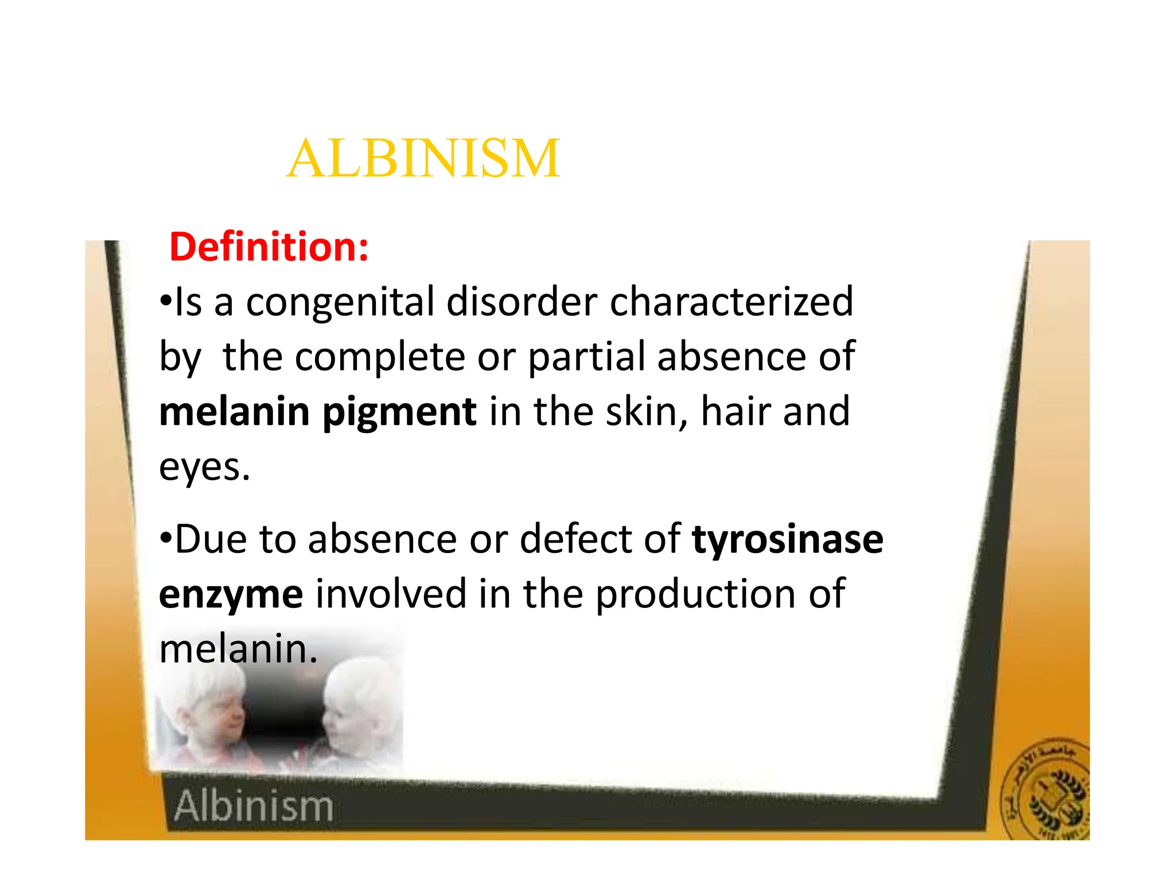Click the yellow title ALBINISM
pos(423,158)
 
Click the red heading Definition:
pos(269,247)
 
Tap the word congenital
pos(340,302)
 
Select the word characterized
pos(732,302)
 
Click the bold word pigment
pos(399,413)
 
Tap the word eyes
pos(204,468)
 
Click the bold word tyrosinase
pos(788,539)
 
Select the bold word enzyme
pos(231,595)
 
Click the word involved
pos(391,594)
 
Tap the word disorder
pos(522,302)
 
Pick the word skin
pos(647,412)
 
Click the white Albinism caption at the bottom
pos(254,806)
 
